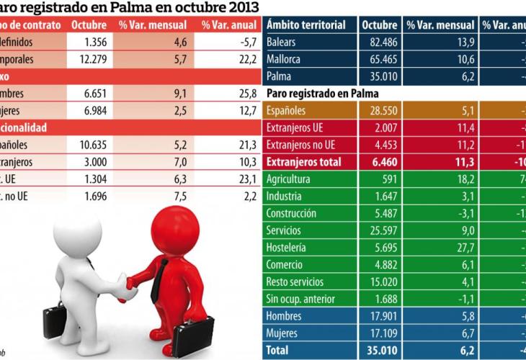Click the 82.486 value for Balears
point(380,42)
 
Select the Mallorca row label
point(283,59)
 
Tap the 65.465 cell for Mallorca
point(380,59)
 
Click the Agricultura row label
point(288,179)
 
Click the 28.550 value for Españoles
point(380,111)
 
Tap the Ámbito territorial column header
point(306,24)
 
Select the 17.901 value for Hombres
point(380,316)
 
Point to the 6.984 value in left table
point(92,110)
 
